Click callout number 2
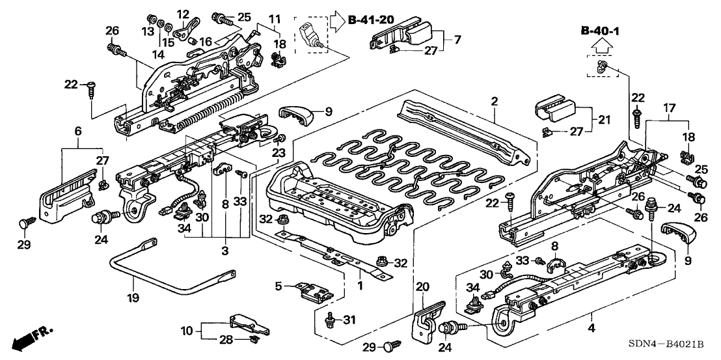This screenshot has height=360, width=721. pos(495,102)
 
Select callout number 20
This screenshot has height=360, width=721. pos(423,287)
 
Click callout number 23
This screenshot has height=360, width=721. pos(280,154)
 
